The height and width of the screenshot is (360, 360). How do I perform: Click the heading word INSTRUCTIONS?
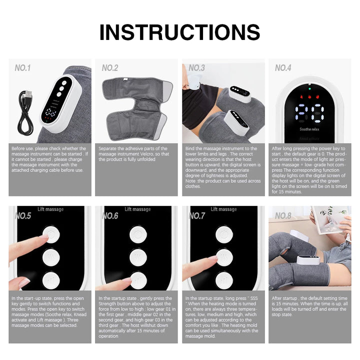point(179,32)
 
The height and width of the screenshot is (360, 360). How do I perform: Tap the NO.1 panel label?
point(22,67)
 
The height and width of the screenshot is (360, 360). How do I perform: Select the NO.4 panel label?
point(282,67)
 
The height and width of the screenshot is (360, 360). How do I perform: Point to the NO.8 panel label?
point(282,215)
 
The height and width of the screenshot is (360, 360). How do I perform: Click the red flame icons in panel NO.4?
point(310,98)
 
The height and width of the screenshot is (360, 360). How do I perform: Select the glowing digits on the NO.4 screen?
point(310,112)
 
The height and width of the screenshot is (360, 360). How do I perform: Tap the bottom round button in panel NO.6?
point(138,279)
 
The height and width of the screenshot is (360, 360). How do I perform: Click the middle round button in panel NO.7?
point(224,257)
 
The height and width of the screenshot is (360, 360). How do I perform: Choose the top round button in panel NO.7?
point(224,234)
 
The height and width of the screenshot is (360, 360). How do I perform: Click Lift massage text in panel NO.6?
point(137,209)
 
